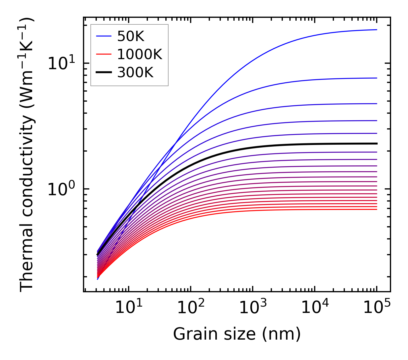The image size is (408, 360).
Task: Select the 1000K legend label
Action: pos(140,55)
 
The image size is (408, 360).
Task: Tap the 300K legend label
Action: pos(135,73)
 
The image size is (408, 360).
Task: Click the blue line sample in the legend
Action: pos(104,36)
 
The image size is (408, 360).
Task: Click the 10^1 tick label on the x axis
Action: pos(128,308)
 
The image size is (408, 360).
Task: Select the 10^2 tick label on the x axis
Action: pos(191,308)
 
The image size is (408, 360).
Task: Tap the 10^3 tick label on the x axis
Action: pos(253,308)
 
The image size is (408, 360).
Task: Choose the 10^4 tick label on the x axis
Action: pos(315,308)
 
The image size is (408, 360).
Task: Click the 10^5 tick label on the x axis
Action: pos(377,308)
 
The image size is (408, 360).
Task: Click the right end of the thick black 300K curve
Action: pos(376,144)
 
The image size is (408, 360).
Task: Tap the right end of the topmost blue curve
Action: pos(376,30)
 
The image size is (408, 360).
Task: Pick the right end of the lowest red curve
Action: pos(376,209)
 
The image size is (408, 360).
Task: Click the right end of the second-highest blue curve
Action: pos(376,78)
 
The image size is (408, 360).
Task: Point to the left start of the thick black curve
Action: pos(97,255)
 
